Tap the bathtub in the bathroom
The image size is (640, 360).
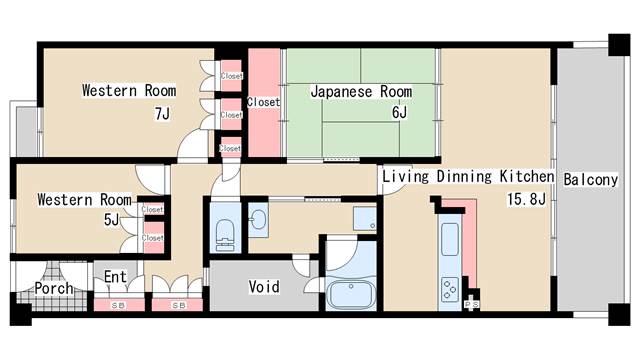[351, 295]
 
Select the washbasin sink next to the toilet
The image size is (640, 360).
[258, 220]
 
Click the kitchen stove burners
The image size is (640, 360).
[450, 289]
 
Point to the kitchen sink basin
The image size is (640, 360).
[450, 240]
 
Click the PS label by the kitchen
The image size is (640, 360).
[472, 304]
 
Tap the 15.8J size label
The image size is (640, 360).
[526, 200]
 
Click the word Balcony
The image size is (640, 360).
[591, 180]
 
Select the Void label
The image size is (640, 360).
[264, 287]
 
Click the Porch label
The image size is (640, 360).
[54, 288]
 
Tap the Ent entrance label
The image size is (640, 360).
[115, 277]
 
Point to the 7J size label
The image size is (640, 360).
[162, 114]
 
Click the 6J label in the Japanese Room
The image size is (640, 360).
[399, 112]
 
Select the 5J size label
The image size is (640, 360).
[111, 220]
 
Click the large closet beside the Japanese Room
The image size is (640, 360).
[264, 102]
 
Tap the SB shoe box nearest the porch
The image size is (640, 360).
[119, 305]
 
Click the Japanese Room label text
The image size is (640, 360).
[361, 91]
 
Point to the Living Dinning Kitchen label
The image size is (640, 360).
[468, 177]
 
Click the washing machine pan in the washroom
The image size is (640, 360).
[364, 219]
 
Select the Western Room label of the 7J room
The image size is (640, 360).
[129, 90]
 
